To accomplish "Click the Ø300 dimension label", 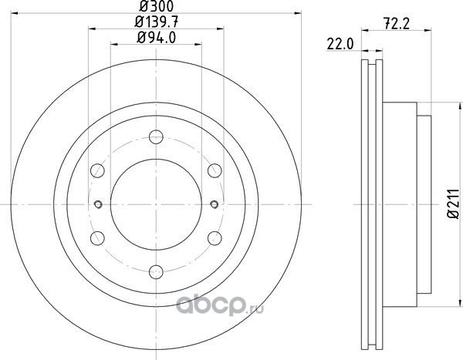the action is point(156,6).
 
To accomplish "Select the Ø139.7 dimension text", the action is point(156,22).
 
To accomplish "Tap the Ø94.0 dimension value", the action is point(156,38).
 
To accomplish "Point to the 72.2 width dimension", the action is point(397,24).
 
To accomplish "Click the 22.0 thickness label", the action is point(340,44).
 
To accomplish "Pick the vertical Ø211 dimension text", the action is point(453,204).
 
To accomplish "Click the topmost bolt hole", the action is point(156,137).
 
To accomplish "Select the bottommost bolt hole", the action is point(156,272).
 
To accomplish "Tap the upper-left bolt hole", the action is point(97,170).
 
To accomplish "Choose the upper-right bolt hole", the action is point(215,170).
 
